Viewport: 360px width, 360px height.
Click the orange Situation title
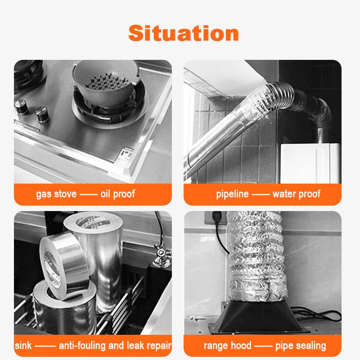pos(184,33)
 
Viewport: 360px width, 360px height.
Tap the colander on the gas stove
pos(106,83)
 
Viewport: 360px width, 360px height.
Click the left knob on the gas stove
pos(21,107)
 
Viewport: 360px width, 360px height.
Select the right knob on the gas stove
pos(41,114)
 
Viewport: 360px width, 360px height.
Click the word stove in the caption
pos(65,194)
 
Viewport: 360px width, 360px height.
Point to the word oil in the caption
pos(105,194)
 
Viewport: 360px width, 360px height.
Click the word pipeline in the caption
pos(232,194)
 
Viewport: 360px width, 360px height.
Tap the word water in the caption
pos(283,194)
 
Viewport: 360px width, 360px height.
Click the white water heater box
pos(310,163)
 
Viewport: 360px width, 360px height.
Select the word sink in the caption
pos(23,345)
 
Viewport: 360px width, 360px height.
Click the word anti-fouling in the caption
pos(82,346)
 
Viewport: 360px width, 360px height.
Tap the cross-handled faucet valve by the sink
pos(162,255)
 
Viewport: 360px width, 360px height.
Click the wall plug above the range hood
pos(216,218)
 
